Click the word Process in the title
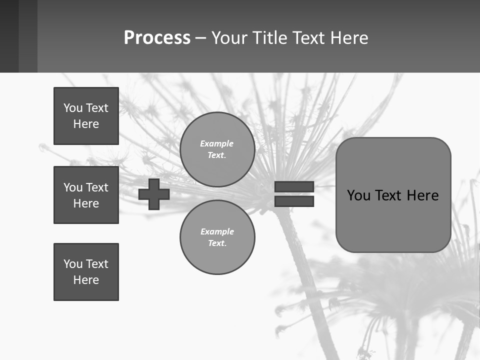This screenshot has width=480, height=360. pyautogui.click(x=157, y=38)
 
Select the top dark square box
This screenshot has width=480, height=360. pyautogui.click(x=86, y=116)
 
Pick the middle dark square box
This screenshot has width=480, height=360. pyautogui.click(x=86, y=195)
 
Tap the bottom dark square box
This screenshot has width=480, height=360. pyautogui.click(x=86, y=272)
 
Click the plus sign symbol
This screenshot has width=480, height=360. pyautogui.click(x=154, y=194)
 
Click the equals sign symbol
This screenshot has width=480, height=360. pyautogui.click(x=294, y=194)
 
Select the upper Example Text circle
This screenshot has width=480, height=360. pyautogui.click(x=217, y=149)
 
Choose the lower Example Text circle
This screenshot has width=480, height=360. pyautogui.click(x=217, y=237)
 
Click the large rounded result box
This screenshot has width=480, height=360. pyautogui.click(x=393, y=195)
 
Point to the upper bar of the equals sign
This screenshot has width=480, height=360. pyautogui.click(x=294, y=186)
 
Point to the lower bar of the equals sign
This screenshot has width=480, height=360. pyautogui.click(x=294, y=201)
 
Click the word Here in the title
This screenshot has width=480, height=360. pyautogui.click(x=349, y=38)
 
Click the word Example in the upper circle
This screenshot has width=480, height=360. pyautogui.click(x=217, y=144)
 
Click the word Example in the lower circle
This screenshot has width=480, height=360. pyautogui.click(x=217, y=232)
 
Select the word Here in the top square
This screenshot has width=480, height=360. pyautogui.click(x=86, y=124)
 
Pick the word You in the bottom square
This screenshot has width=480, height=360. pyautogui.click(x=72, y=264)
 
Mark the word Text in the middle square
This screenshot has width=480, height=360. pyautogui.click(x=97, y=187)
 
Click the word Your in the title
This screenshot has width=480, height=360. pyautogui.click(x=229, y=38)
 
